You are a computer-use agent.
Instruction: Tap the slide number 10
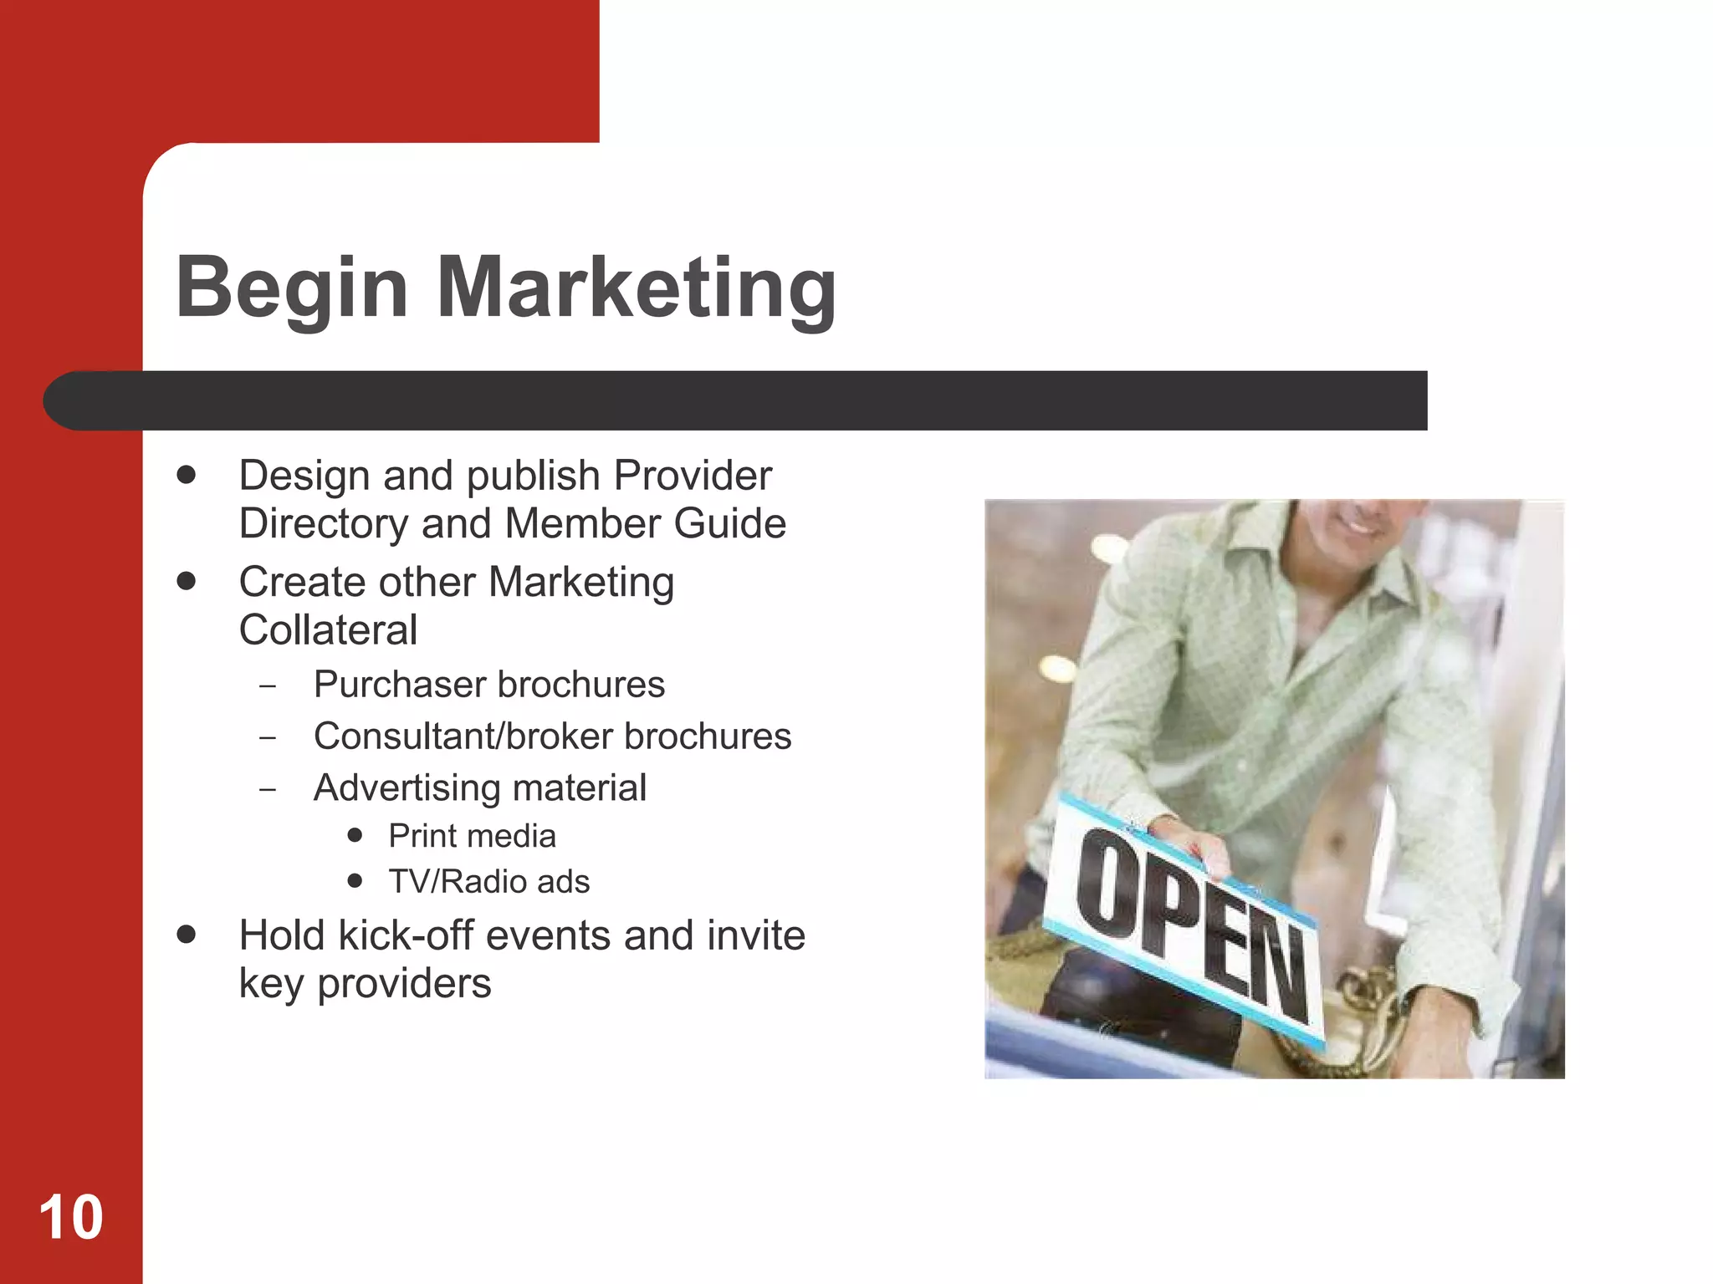tap(71, 1217)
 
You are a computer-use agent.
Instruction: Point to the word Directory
tap(322, 524)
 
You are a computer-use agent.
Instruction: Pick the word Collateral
tap(328, 630)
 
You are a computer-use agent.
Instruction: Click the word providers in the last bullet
tap(404, 984)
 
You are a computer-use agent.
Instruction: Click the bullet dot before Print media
tap(355, 835)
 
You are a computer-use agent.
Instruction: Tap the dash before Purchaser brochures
tap(268, 687)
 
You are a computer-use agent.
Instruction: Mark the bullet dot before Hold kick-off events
tap(187, 935)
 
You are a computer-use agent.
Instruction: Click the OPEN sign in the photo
tap(1188, 920)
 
